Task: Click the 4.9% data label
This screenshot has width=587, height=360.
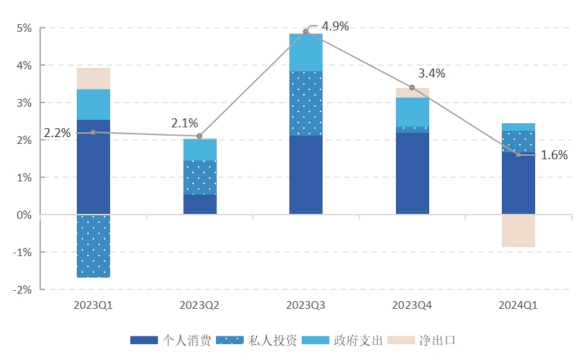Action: coord(335,26)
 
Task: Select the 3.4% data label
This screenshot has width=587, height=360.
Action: coord(432,73)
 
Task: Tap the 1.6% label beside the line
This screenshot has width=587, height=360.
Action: coord(555,155)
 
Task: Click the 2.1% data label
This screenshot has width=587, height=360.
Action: coord(185,123)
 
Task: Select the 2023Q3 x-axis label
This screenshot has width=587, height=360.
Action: coord(306,306)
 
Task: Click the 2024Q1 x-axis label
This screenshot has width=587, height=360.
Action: coord(518,306)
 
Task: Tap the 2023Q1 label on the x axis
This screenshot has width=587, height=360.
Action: coord(93,306)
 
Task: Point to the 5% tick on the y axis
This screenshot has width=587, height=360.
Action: coord(24,28)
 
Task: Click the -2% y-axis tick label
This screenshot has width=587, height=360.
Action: coord(22,290)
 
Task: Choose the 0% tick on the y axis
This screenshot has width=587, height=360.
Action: coord(24,215)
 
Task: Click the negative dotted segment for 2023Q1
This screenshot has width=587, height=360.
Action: coord(93,246)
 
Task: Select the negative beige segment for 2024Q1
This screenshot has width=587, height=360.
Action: coord(518,231)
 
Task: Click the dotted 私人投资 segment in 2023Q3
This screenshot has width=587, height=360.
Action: coord(306,103)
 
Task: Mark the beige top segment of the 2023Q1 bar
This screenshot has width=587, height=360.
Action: coord(93,78)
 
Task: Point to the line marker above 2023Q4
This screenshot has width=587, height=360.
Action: coord(412,88)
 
